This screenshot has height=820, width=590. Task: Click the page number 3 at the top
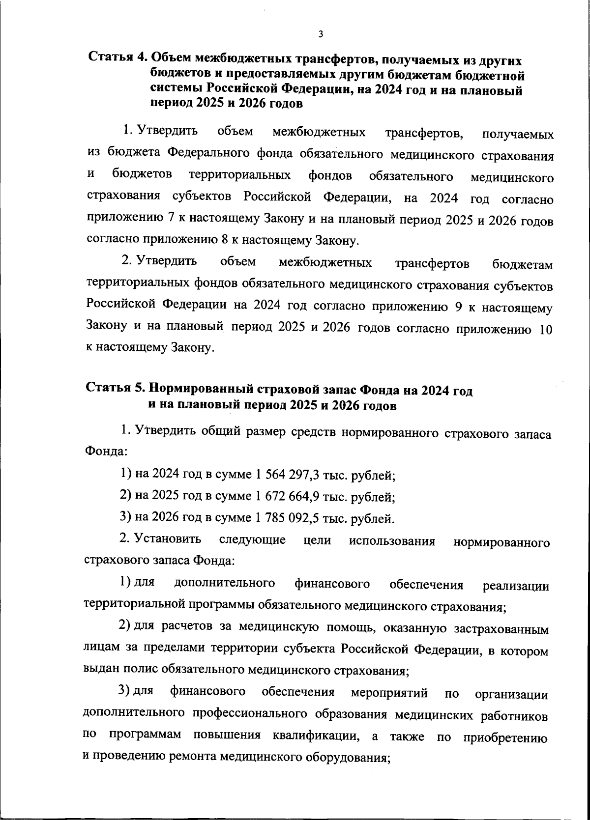[x=321, y=34]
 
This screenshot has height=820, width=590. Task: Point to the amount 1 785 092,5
[x=283, y=518]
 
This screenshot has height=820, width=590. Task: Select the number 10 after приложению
[x=546, y=329]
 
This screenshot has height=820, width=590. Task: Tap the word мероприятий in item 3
[x=389, y=693]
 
